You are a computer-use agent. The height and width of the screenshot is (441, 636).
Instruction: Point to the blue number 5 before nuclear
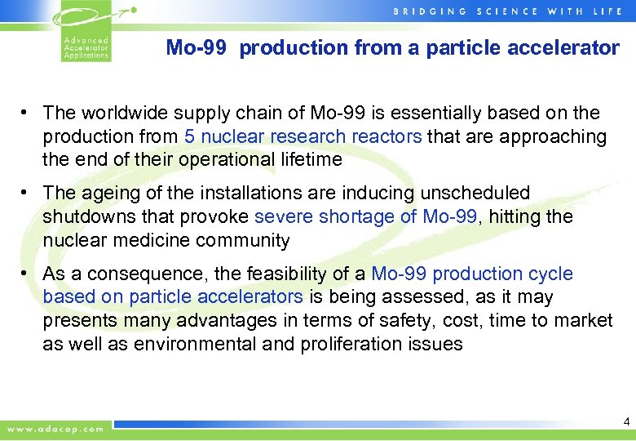point(188,136)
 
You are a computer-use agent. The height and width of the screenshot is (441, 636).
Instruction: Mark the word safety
point(350,321)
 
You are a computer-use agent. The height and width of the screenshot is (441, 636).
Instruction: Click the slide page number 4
point(626,422)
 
